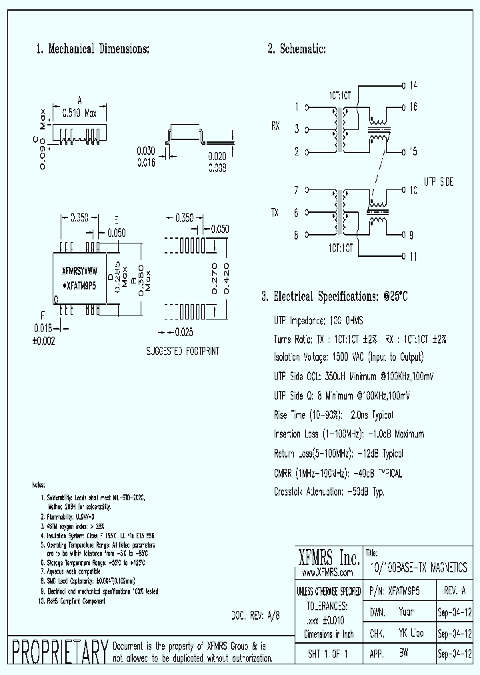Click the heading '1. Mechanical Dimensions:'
[92, 49]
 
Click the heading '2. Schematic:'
[297, 49]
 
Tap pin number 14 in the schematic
[413, 85]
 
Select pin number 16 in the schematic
[413, 107]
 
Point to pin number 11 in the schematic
[413, 256]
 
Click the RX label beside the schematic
[276, 125]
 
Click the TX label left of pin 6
[275, 213]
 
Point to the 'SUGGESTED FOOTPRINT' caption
[182, 350]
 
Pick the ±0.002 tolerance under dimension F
[43, 341]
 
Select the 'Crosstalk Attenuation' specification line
[329, 492]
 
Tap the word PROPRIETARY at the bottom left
[60, 652]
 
